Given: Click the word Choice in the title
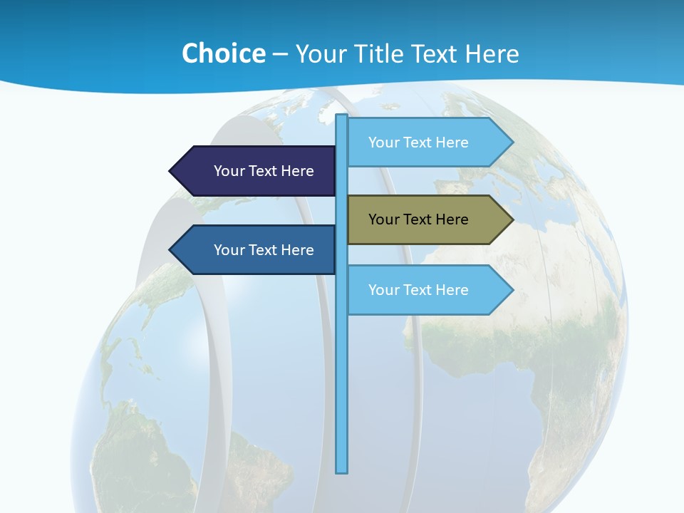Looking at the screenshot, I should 223,53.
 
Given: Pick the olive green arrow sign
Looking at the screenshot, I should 427,219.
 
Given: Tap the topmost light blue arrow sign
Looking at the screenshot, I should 427,142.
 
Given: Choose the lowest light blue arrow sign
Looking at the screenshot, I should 427,290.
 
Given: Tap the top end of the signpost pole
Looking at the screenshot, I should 342,116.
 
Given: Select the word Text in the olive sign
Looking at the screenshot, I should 418,219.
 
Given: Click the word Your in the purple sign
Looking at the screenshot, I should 229,171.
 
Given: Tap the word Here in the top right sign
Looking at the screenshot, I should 452,142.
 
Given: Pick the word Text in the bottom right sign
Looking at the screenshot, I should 418,290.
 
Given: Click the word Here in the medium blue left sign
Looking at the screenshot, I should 297,250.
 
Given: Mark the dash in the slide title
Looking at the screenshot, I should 280,54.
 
